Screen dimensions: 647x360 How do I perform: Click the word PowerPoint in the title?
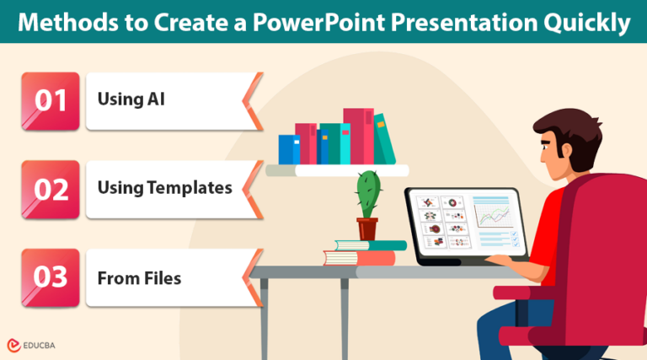point(319,22)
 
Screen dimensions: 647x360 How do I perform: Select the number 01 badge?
point(51,101)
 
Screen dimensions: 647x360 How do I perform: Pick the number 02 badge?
point(51,190)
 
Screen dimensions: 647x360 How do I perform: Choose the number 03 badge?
point(51,278)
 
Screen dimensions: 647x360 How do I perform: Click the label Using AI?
point(131,99)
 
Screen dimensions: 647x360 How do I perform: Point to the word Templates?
point(190,188)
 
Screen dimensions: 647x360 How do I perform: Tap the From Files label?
point(139,278)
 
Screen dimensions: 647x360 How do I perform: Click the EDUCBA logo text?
point(39,346)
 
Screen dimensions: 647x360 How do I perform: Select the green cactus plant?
point(368,195)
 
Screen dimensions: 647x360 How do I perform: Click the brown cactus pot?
point(367,228)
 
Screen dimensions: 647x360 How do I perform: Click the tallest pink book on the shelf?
point(359,137)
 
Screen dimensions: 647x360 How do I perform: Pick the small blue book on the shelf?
point(289,149)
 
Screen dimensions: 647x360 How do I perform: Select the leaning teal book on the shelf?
point(384,139)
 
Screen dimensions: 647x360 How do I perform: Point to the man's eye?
point(545,146)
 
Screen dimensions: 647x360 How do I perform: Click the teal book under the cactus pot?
point(371,245)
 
